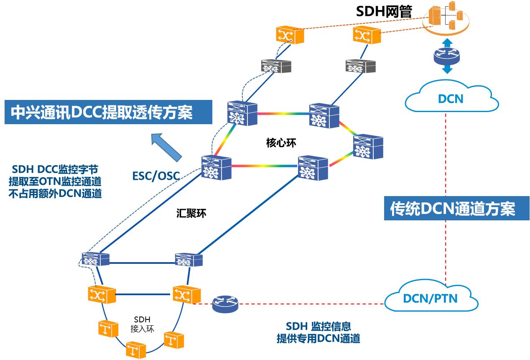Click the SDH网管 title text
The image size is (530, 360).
pos(384,11)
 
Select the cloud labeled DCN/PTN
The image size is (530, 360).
pos(430,298)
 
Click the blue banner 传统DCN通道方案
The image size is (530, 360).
pos(452,209)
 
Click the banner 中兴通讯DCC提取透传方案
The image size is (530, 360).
pos(102,112)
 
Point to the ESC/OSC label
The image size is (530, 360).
pos(156,176)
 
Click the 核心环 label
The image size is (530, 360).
pos(281,143)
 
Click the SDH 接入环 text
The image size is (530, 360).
pos(142,324)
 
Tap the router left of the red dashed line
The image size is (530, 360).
pos(225,304)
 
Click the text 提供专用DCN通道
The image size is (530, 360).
pos(318,339)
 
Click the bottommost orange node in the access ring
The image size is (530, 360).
pos(136,348)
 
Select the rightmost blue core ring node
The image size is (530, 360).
pos(368,147)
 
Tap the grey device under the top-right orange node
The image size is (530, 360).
pos(360,66)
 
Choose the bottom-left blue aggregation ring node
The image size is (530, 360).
pos(96,259)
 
